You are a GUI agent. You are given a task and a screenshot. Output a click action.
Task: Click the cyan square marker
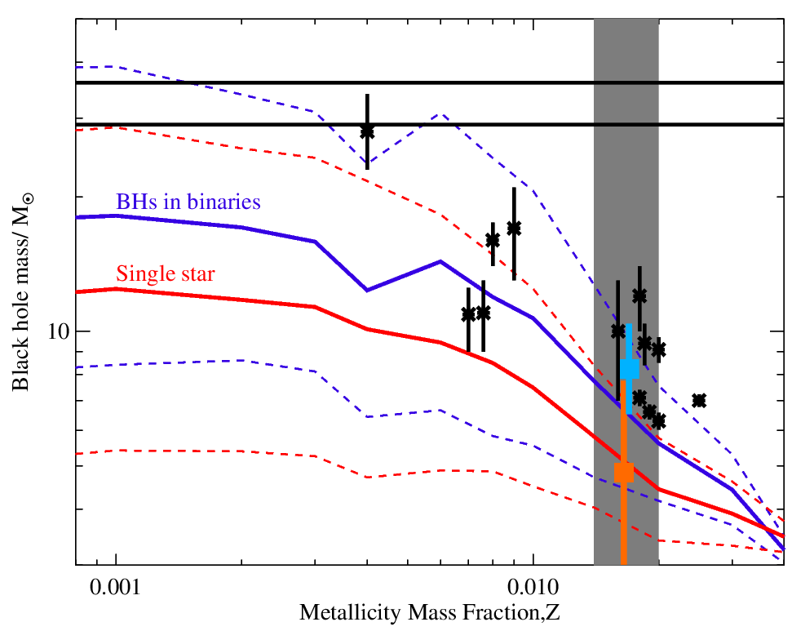coord(629,368)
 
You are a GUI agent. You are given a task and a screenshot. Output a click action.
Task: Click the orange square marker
coord(624,472)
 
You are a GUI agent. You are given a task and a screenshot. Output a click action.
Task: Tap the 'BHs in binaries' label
coord(188,202)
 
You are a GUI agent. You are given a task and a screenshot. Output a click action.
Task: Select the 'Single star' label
coord(166,273)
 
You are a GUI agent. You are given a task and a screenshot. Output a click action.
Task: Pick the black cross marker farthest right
coord(699,400)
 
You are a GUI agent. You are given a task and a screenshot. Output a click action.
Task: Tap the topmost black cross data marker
coord(367,131)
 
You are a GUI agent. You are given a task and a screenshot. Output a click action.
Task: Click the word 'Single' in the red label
coord(146,273)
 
